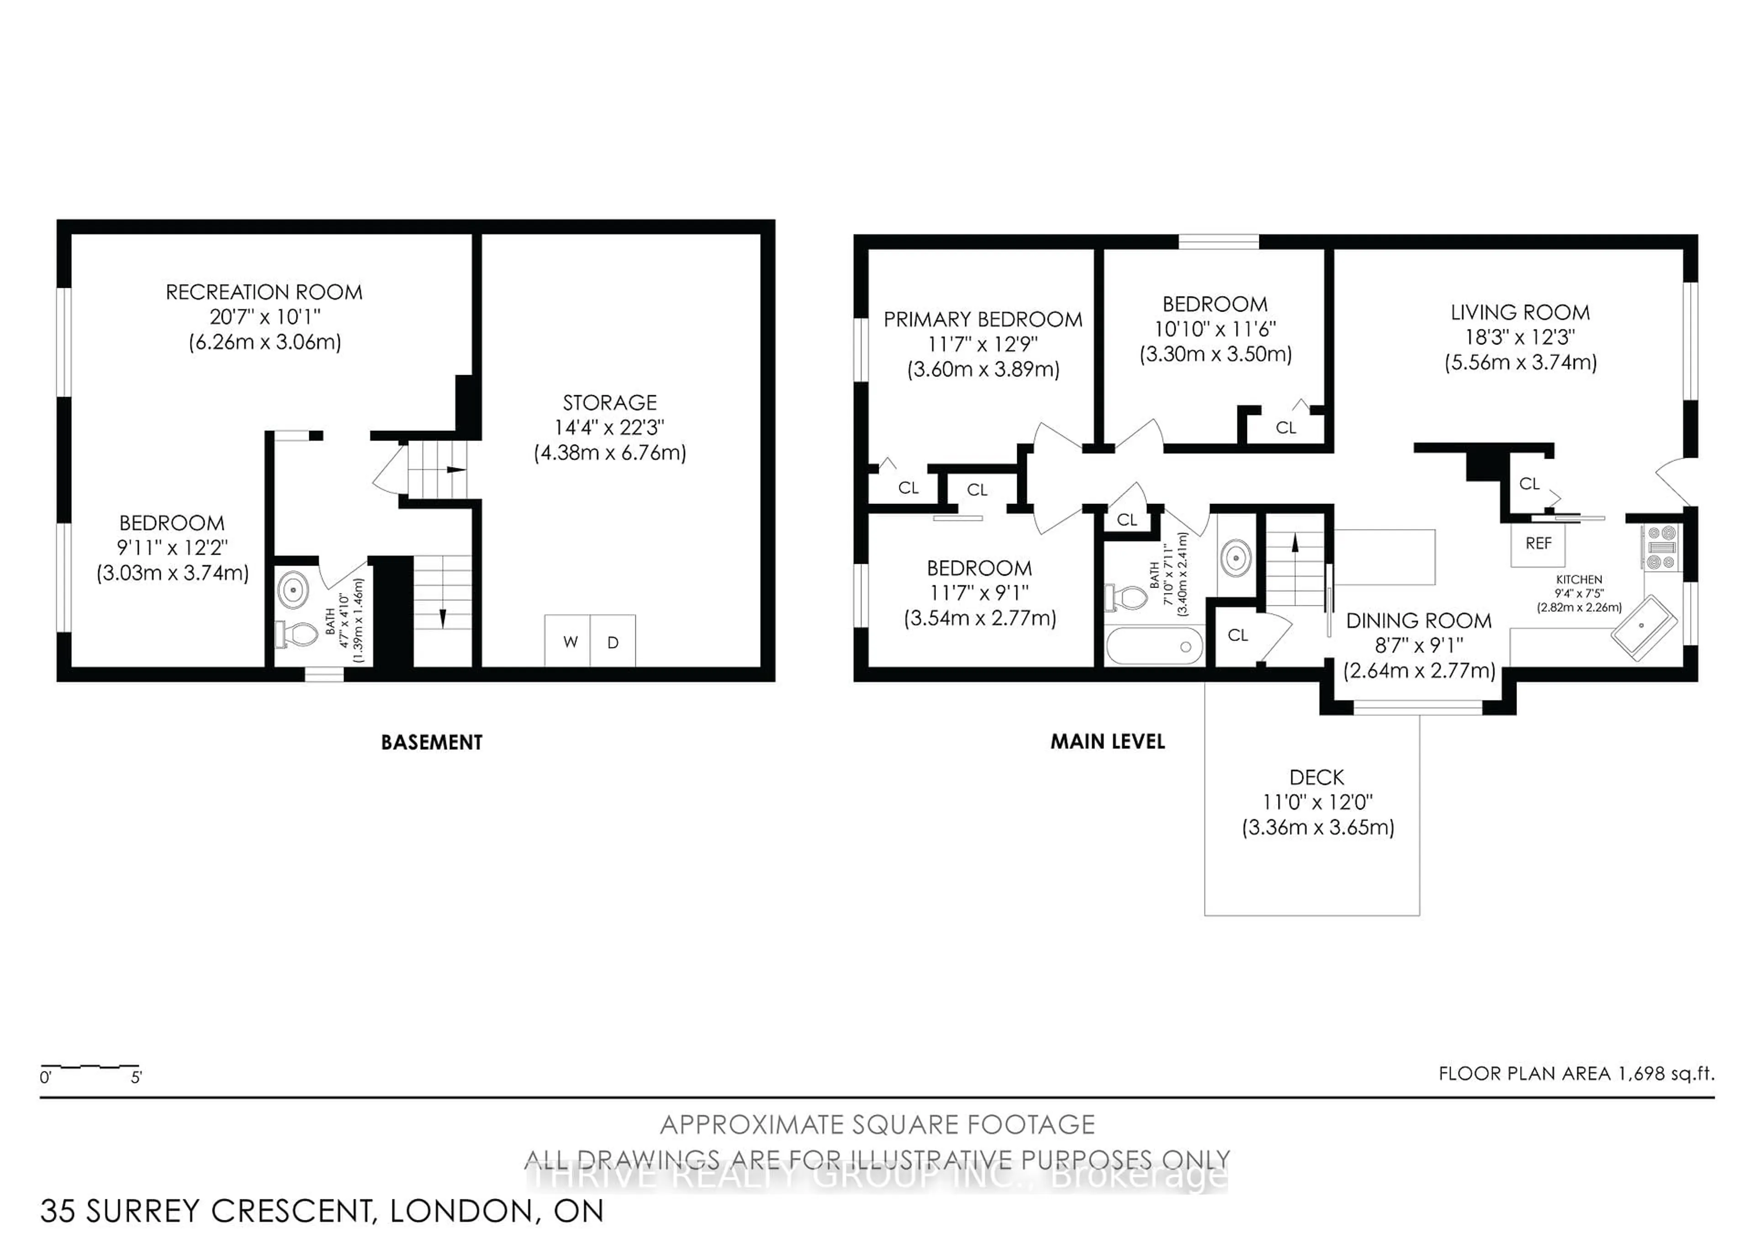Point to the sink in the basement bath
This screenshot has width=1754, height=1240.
(293, 590)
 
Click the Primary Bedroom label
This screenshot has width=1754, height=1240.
(983, 319)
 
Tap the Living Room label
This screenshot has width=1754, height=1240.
(1520, 313)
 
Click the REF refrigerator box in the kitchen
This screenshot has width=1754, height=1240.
(1538, 543)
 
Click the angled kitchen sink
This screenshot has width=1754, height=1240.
(1643, 627)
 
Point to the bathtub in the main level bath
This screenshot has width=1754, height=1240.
(1154, 646)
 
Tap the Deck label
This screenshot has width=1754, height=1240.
(1316, 777)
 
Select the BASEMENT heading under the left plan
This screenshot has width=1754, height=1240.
(432, 742)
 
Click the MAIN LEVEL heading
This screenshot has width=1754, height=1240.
(1107, 741)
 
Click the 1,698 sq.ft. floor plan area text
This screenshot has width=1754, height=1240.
(1575, 1073)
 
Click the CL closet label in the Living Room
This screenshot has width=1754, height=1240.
(1529, 484)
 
